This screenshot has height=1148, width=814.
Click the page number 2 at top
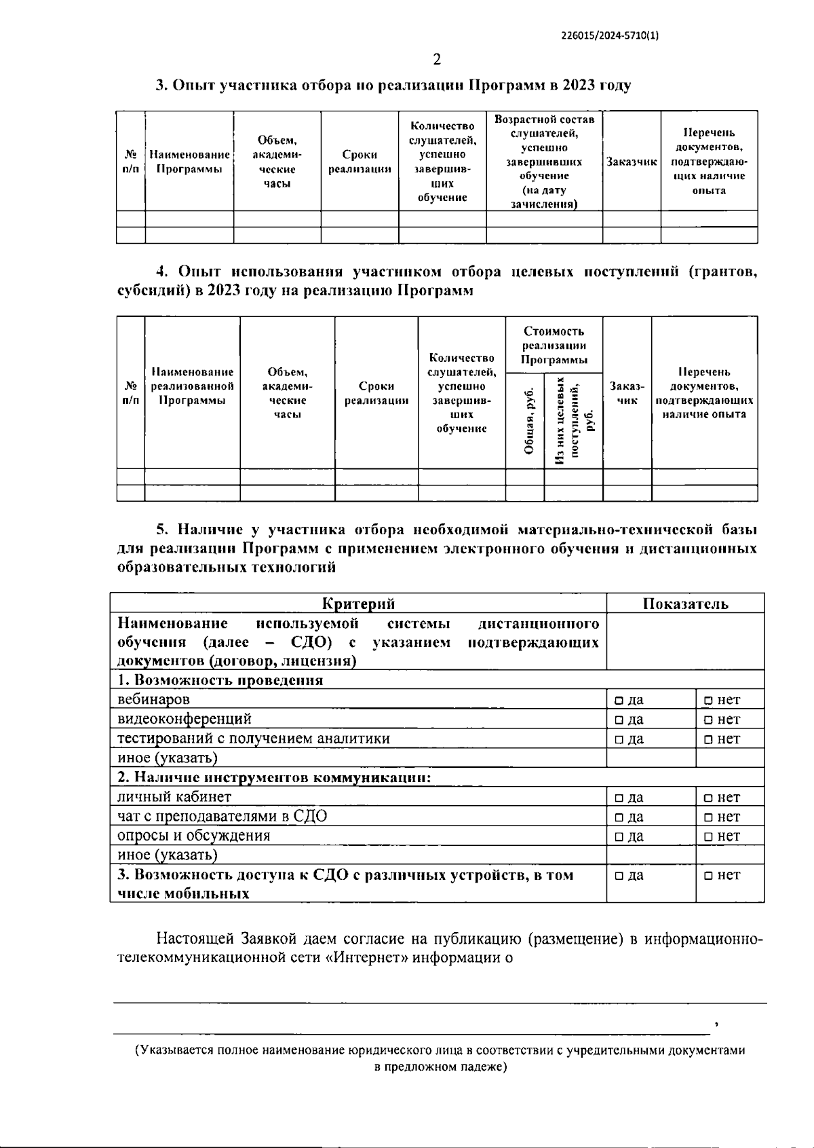point(437,60)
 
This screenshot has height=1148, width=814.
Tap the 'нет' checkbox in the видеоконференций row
point(708,720)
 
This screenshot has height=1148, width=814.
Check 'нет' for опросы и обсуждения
point(708,836)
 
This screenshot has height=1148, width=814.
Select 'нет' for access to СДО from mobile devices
point(708,876)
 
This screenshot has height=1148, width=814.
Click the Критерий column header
point(358,604)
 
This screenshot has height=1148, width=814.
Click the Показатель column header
point(685,604)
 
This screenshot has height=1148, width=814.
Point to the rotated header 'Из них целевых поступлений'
point(573,421)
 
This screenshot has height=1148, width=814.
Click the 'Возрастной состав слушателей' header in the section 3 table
point(544,162)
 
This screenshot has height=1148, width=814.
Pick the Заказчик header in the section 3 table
point(632,162)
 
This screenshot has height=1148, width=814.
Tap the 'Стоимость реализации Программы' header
point(554,345)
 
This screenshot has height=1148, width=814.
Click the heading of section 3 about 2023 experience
point(393,86)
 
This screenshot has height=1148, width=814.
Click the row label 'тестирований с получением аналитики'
point(254,739)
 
